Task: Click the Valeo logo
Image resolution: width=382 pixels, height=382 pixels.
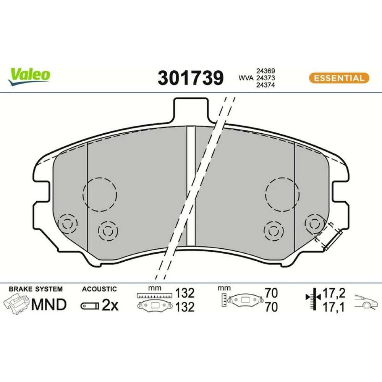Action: pyautogui.click(x=29, y=76)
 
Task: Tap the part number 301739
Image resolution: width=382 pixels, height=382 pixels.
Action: pyautogui.click(x=191, y=78)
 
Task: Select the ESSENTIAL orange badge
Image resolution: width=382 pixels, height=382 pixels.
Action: pyautogui.click(x=339, y=78)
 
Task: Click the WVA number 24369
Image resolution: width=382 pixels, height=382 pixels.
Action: pyautogui.click(x=265, y=71)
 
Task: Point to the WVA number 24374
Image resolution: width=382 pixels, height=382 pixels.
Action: pyautogui.click(x=265, y=85)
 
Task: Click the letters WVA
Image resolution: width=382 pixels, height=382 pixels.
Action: pyautogui.click(x=246, y=78)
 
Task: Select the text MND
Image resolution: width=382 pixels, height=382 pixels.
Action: pyautogui.click(x=49, y=304)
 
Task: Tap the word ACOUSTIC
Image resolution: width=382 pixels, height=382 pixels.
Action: pyautogui.click(x=99, y=289)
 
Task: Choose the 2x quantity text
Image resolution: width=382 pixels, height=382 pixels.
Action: pyautogui.click(x=110, y=305)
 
